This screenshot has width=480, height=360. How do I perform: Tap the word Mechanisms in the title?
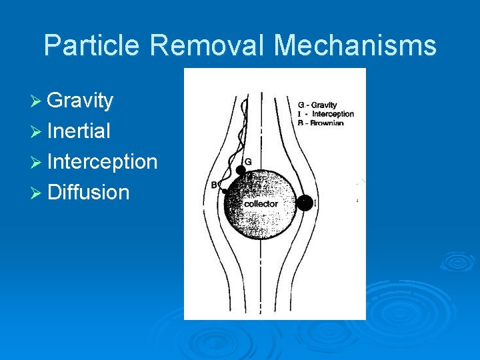(355, 45)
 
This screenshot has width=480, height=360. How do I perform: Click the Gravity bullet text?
(80, 101)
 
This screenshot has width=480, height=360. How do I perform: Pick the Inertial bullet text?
(79, 131)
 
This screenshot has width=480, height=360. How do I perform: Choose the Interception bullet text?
(102, 162)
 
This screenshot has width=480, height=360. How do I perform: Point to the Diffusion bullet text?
(88, 193)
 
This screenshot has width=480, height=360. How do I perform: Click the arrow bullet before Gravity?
(37, 101)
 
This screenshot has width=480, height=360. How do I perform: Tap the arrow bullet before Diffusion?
(37, 193)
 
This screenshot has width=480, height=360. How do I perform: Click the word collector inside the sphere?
(261, 203)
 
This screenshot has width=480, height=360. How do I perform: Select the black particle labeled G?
(241, 171)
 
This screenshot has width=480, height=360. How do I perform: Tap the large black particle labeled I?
(304, 203)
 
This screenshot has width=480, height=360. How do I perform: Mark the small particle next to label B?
(225, 191)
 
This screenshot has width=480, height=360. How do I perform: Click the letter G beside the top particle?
(248, 161)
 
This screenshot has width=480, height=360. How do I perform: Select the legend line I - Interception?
(325, 114)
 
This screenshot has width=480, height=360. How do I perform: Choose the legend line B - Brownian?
(320, 123)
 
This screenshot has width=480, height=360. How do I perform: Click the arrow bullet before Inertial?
(37, 131)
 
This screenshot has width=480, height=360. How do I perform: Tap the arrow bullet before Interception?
(37, 162)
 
